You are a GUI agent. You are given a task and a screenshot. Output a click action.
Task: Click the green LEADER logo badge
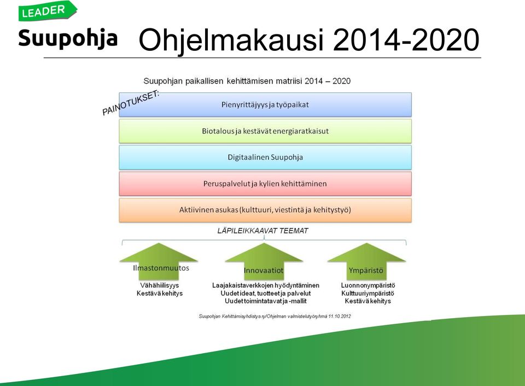[48, 11]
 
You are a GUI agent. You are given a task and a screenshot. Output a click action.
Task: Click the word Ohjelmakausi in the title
[231, 40]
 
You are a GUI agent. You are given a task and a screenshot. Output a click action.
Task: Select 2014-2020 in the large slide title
[406, 40]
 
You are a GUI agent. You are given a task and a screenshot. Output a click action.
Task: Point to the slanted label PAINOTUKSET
[131, 103]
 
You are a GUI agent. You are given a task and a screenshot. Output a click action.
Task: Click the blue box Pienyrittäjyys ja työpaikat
[265, 105]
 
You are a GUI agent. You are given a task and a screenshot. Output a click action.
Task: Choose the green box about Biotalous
[265, 131]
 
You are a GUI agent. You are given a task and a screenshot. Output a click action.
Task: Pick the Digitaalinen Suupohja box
[265, 157]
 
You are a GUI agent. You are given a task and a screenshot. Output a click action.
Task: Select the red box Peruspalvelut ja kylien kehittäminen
[265, 184]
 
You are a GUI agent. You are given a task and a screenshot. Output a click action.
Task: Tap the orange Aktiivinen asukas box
[265, 210]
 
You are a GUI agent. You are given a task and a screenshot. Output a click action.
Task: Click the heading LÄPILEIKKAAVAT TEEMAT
[263, 231]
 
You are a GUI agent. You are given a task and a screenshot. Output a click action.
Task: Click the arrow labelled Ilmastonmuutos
[159, 261]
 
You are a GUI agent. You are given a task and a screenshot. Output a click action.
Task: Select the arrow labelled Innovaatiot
[264, 261]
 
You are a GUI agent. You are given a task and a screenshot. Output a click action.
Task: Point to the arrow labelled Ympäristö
[366, 261]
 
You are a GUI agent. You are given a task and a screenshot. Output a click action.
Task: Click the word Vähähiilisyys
[160, 285]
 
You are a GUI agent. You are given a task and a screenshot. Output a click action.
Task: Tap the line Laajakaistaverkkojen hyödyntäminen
[266, 285]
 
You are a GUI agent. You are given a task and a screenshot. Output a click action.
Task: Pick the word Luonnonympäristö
[368, 285]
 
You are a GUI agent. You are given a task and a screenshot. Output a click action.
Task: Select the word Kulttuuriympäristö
[367, 294]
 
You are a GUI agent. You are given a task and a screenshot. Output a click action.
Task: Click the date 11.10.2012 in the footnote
[340, 316]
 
